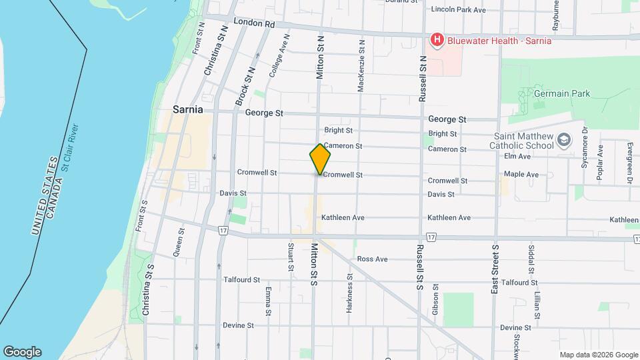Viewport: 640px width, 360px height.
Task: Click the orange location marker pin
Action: click(x=320, y=159)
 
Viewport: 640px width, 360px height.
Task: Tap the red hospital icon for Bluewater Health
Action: click(x=437, y=41)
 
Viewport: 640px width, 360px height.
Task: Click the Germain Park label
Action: click(x=562, y=94)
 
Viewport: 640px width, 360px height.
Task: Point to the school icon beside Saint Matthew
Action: click(x=565, y=140)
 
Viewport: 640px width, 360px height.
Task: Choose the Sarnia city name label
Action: click(x=187, y=109)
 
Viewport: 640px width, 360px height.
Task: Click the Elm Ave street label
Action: click(x=517, y=156)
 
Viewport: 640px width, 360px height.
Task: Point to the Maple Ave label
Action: click(x=521, y=175)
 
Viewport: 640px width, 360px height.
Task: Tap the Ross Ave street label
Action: click(x=372, y=259)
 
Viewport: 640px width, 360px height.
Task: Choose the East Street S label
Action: click(x=495, y=267)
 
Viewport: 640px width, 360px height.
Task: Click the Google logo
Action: click(x=22, y=352)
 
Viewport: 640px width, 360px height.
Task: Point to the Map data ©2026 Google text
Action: click(x=599, y=355)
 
